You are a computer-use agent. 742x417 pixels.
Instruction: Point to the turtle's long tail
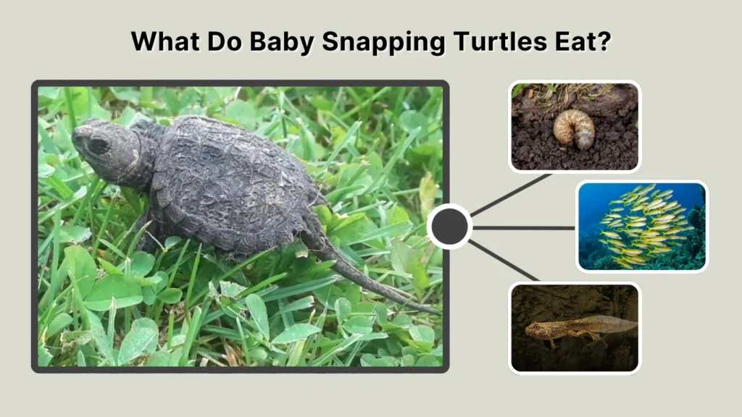[362, 275]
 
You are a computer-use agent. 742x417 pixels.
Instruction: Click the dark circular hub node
[449, 227]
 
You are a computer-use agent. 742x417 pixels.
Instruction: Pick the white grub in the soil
[574, 129]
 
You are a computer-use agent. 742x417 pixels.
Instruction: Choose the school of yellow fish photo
[641, 225]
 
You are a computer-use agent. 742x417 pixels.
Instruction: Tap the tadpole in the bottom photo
[572, 327]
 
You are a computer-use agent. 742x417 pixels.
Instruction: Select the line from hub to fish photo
[523, 227]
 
